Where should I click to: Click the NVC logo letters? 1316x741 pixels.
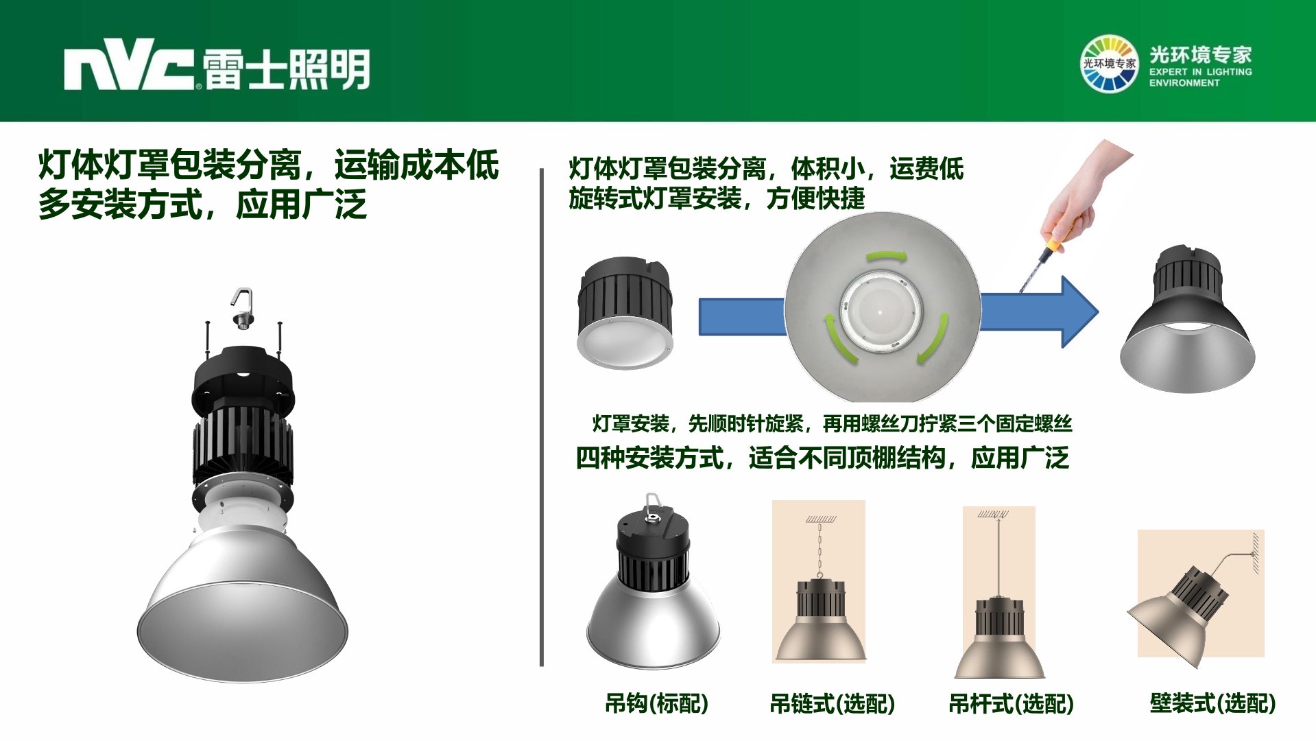tap(129, 69)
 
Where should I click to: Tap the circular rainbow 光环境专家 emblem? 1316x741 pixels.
tap(1108, 64)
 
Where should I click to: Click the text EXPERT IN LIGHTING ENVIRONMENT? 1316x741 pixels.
tap(1200, 77)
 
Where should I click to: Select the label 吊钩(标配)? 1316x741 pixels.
tap(656, 703)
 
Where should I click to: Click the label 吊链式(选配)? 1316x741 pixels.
tap(832, 703)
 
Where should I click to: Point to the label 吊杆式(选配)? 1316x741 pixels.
tap(1011, 703)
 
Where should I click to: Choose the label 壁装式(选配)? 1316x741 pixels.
tap(1212, 703)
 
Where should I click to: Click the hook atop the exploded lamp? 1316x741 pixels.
tap(242, 308)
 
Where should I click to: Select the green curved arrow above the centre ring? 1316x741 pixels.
tap(887, 257)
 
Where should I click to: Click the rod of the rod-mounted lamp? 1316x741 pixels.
tap(998, 557)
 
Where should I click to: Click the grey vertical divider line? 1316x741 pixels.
tap(542, 417)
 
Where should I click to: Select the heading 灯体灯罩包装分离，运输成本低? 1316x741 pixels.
tap(269, 165)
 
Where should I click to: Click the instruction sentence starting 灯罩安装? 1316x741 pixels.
tap(832, 423)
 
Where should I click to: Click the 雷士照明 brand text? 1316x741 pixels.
tap(287, 69)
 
